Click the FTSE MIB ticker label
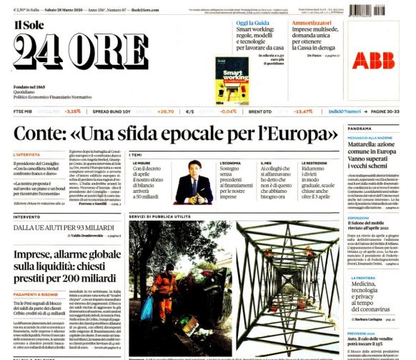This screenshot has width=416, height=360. [24, 111]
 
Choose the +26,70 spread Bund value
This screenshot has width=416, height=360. [166, 111]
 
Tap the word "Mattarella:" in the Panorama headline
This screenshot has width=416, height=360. [365, 145]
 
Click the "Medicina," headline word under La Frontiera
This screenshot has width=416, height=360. [367, 284]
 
